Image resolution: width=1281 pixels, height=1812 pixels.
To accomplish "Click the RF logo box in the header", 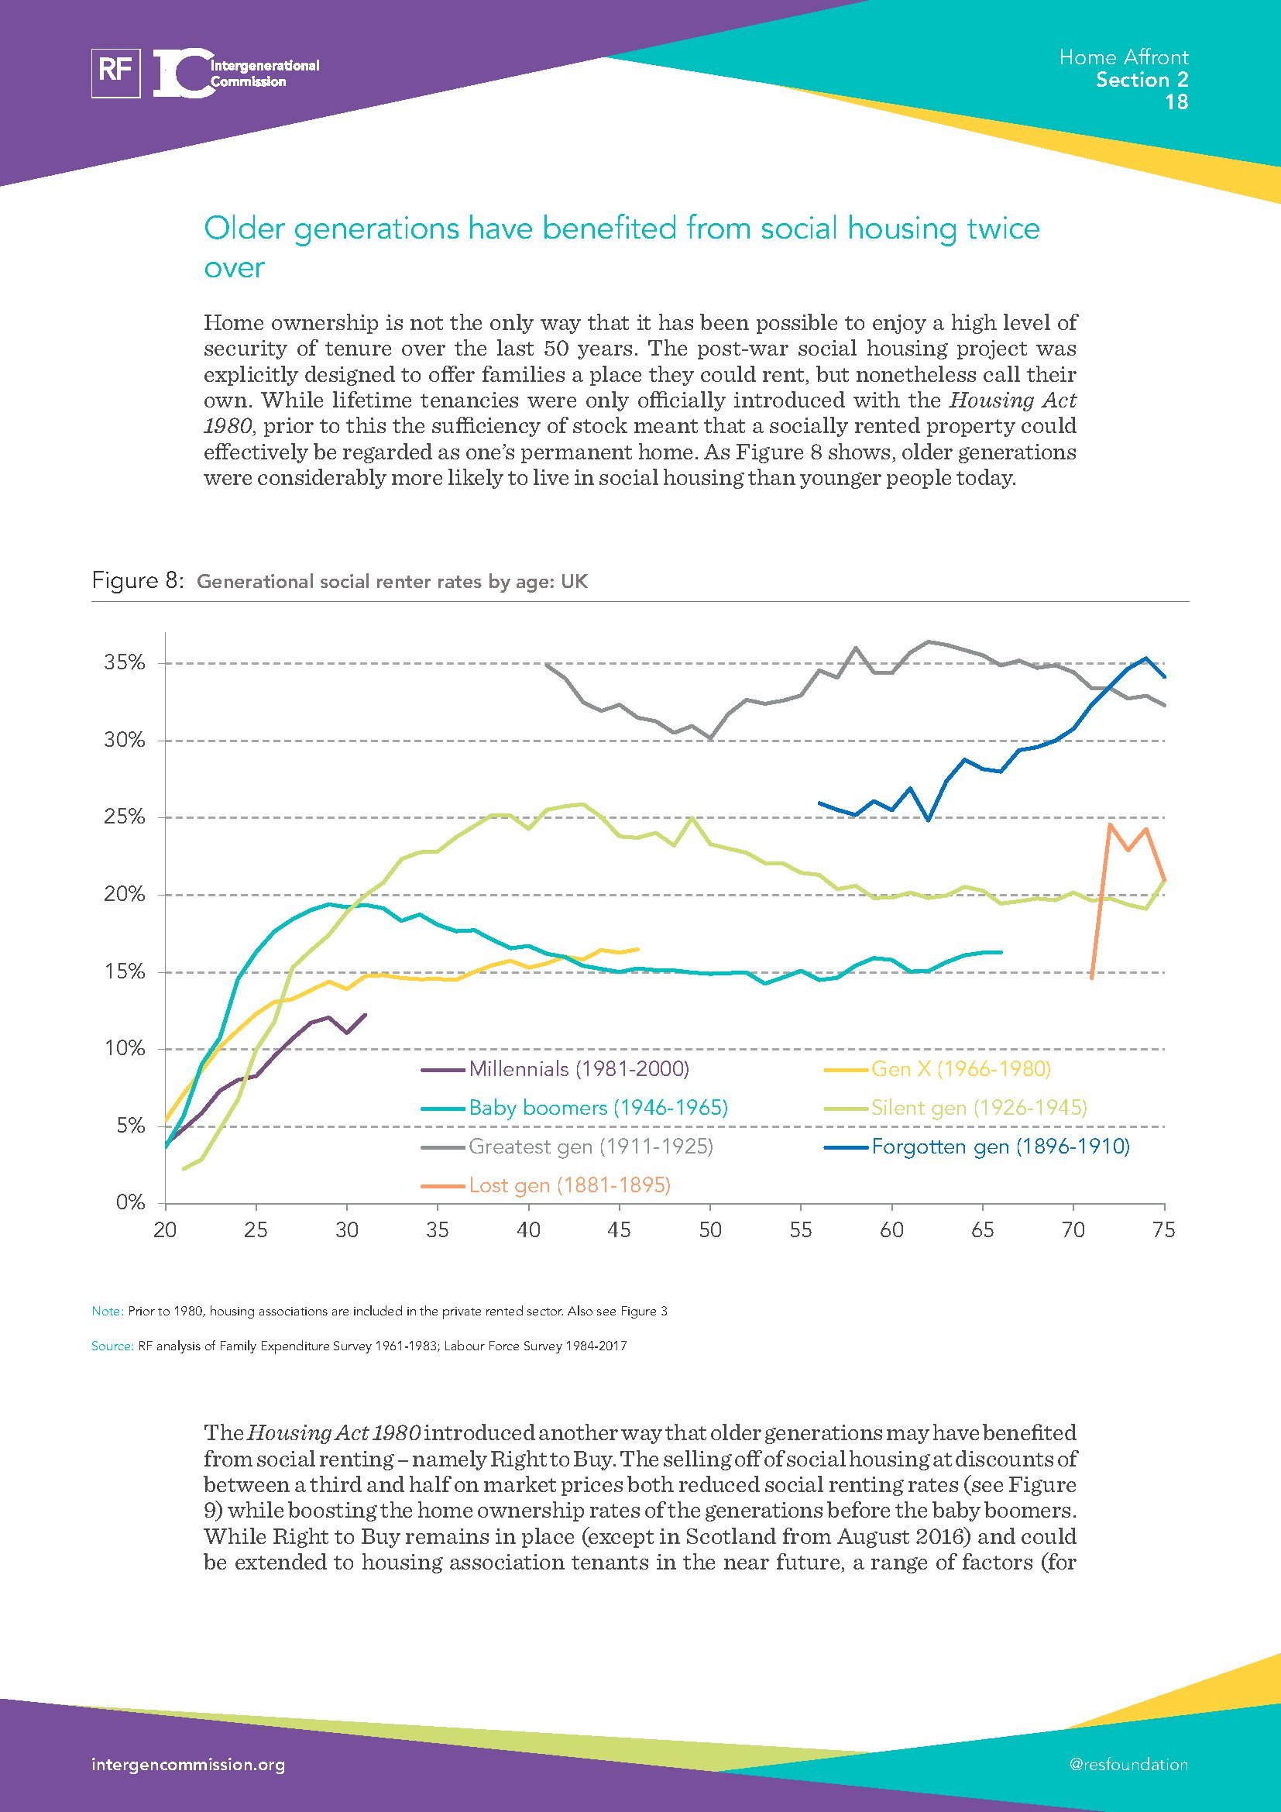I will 116,73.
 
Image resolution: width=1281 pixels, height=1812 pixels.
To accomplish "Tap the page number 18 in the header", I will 1176,101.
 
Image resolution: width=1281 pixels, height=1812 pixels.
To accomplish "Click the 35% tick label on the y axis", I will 125,663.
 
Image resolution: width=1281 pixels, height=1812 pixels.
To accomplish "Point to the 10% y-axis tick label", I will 125,1049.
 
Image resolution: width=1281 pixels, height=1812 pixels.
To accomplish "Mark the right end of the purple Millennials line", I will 366,1015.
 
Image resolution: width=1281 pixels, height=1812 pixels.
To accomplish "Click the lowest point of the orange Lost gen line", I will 1092,978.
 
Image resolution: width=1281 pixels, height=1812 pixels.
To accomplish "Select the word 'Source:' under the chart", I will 112,1346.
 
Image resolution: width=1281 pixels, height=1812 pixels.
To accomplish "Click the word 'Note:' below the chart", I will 108,1311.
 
